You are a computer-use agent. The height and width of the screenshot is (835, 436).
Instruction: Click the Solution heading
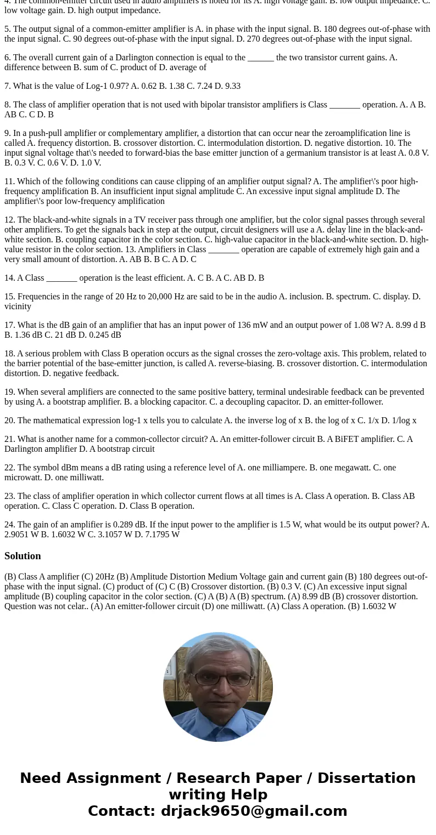pos(23,556)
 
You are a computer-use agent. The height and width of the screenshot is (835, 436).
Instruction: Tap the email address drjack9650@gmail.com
pos(254,811)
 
